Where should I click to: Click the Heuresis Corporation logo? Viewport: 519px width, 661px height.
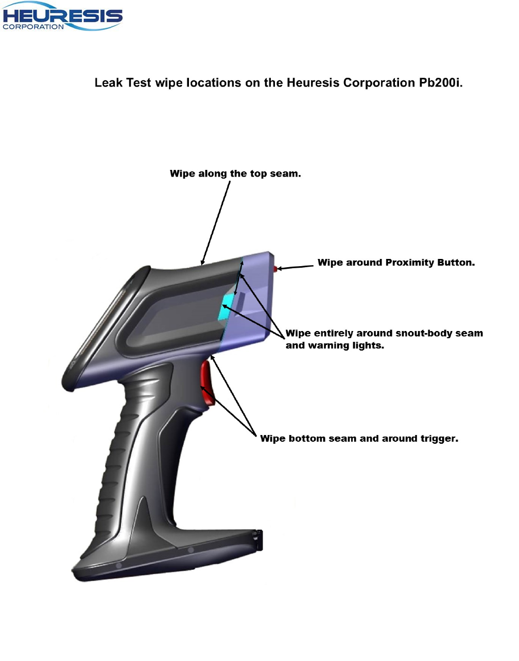coord(62,18)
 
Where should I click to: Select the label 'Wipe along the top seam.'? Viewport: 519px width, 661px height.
coord(235,174)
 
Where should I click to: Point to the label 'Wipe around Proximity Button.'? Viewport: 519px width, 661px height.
coord(396,263)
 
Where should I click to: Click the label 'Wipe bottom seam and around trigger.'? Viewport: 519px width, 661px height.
coord(359,439)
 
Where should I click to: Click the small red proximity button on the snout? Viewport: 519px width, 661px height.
coord(275,268)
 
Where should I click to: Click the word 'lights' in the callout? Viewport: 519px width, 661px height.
coord(368,345)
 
